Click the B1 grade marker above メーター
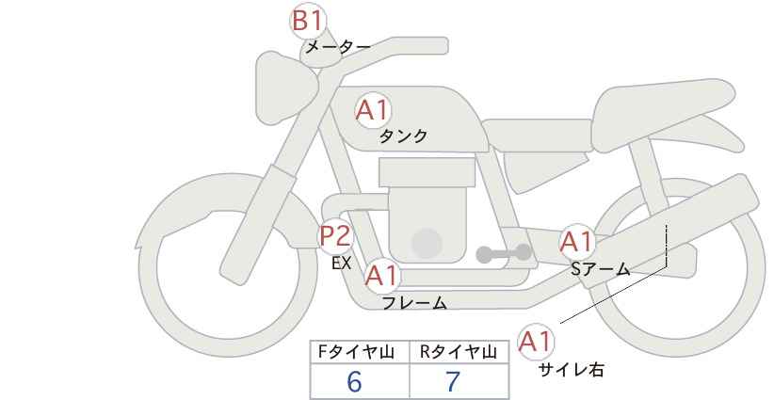coord(307,21)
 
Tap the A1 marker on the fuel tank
coord(373,110)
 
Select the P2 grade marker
coord(336,236)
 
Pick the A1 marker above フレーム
coord(382,276)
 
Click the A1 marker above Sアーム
coord(576,243)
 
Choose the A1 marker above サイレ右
coord(536,342)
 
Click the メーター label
coord(338,47)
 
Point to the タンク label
coord(403,136)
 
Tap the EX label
coord(341,264)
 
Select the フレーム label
coord(414,303)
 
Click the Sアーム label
coord(600,269)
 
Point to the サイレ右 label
coord(572,370)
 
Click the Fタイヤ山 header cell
coord(360,352)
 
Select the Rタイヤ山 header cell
coord(460,352)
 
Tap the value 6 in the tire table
coord(354,381)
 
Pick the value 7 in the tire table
coord(453,381)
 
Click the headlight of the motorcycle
coord(284,88)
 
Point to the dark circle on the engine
coord(427,243)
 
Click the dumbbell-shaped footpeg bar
coord(504,253)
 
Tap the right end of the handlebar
coord(443,46)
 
